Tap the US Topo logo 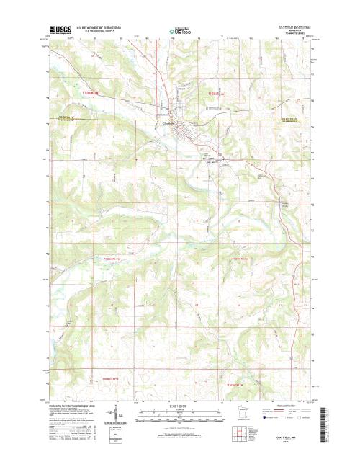(x=180, y=32)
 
